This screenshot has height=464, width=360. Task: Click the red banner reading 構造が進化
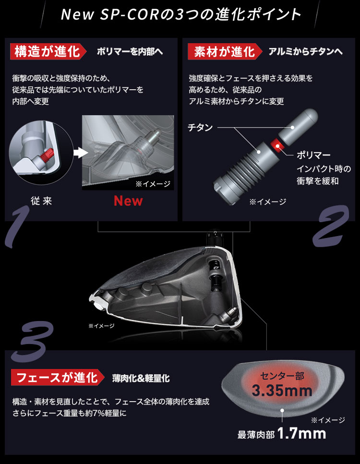[48, 51]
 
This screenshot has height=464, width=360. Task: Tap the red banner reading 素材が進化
[225, 51]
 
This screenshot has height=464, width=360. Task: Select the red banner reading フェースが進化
[58, 377]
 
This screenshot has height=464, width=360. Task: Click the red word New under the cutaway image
[128, 201]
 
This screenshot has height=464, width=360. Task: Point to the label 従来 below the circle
[41, 201]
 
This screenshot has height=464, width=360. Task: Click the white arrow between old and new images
[81, 153]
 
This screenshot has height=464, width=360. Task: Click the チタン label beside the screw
[201, 128]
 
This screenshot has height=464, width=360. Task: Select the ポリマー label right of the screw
[313, 155]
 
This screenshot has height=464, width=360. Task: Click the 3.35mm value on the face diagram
[282, 391]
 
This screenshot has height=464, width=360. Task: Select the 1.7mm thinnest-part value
[301, 434]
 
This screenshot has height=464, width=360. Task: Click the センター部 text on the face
[282, 376]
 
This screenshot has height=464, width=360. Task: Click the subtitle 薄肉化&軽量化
[141, 378]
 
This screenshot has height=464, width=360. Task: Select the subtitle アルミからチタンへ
[306, 52]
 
